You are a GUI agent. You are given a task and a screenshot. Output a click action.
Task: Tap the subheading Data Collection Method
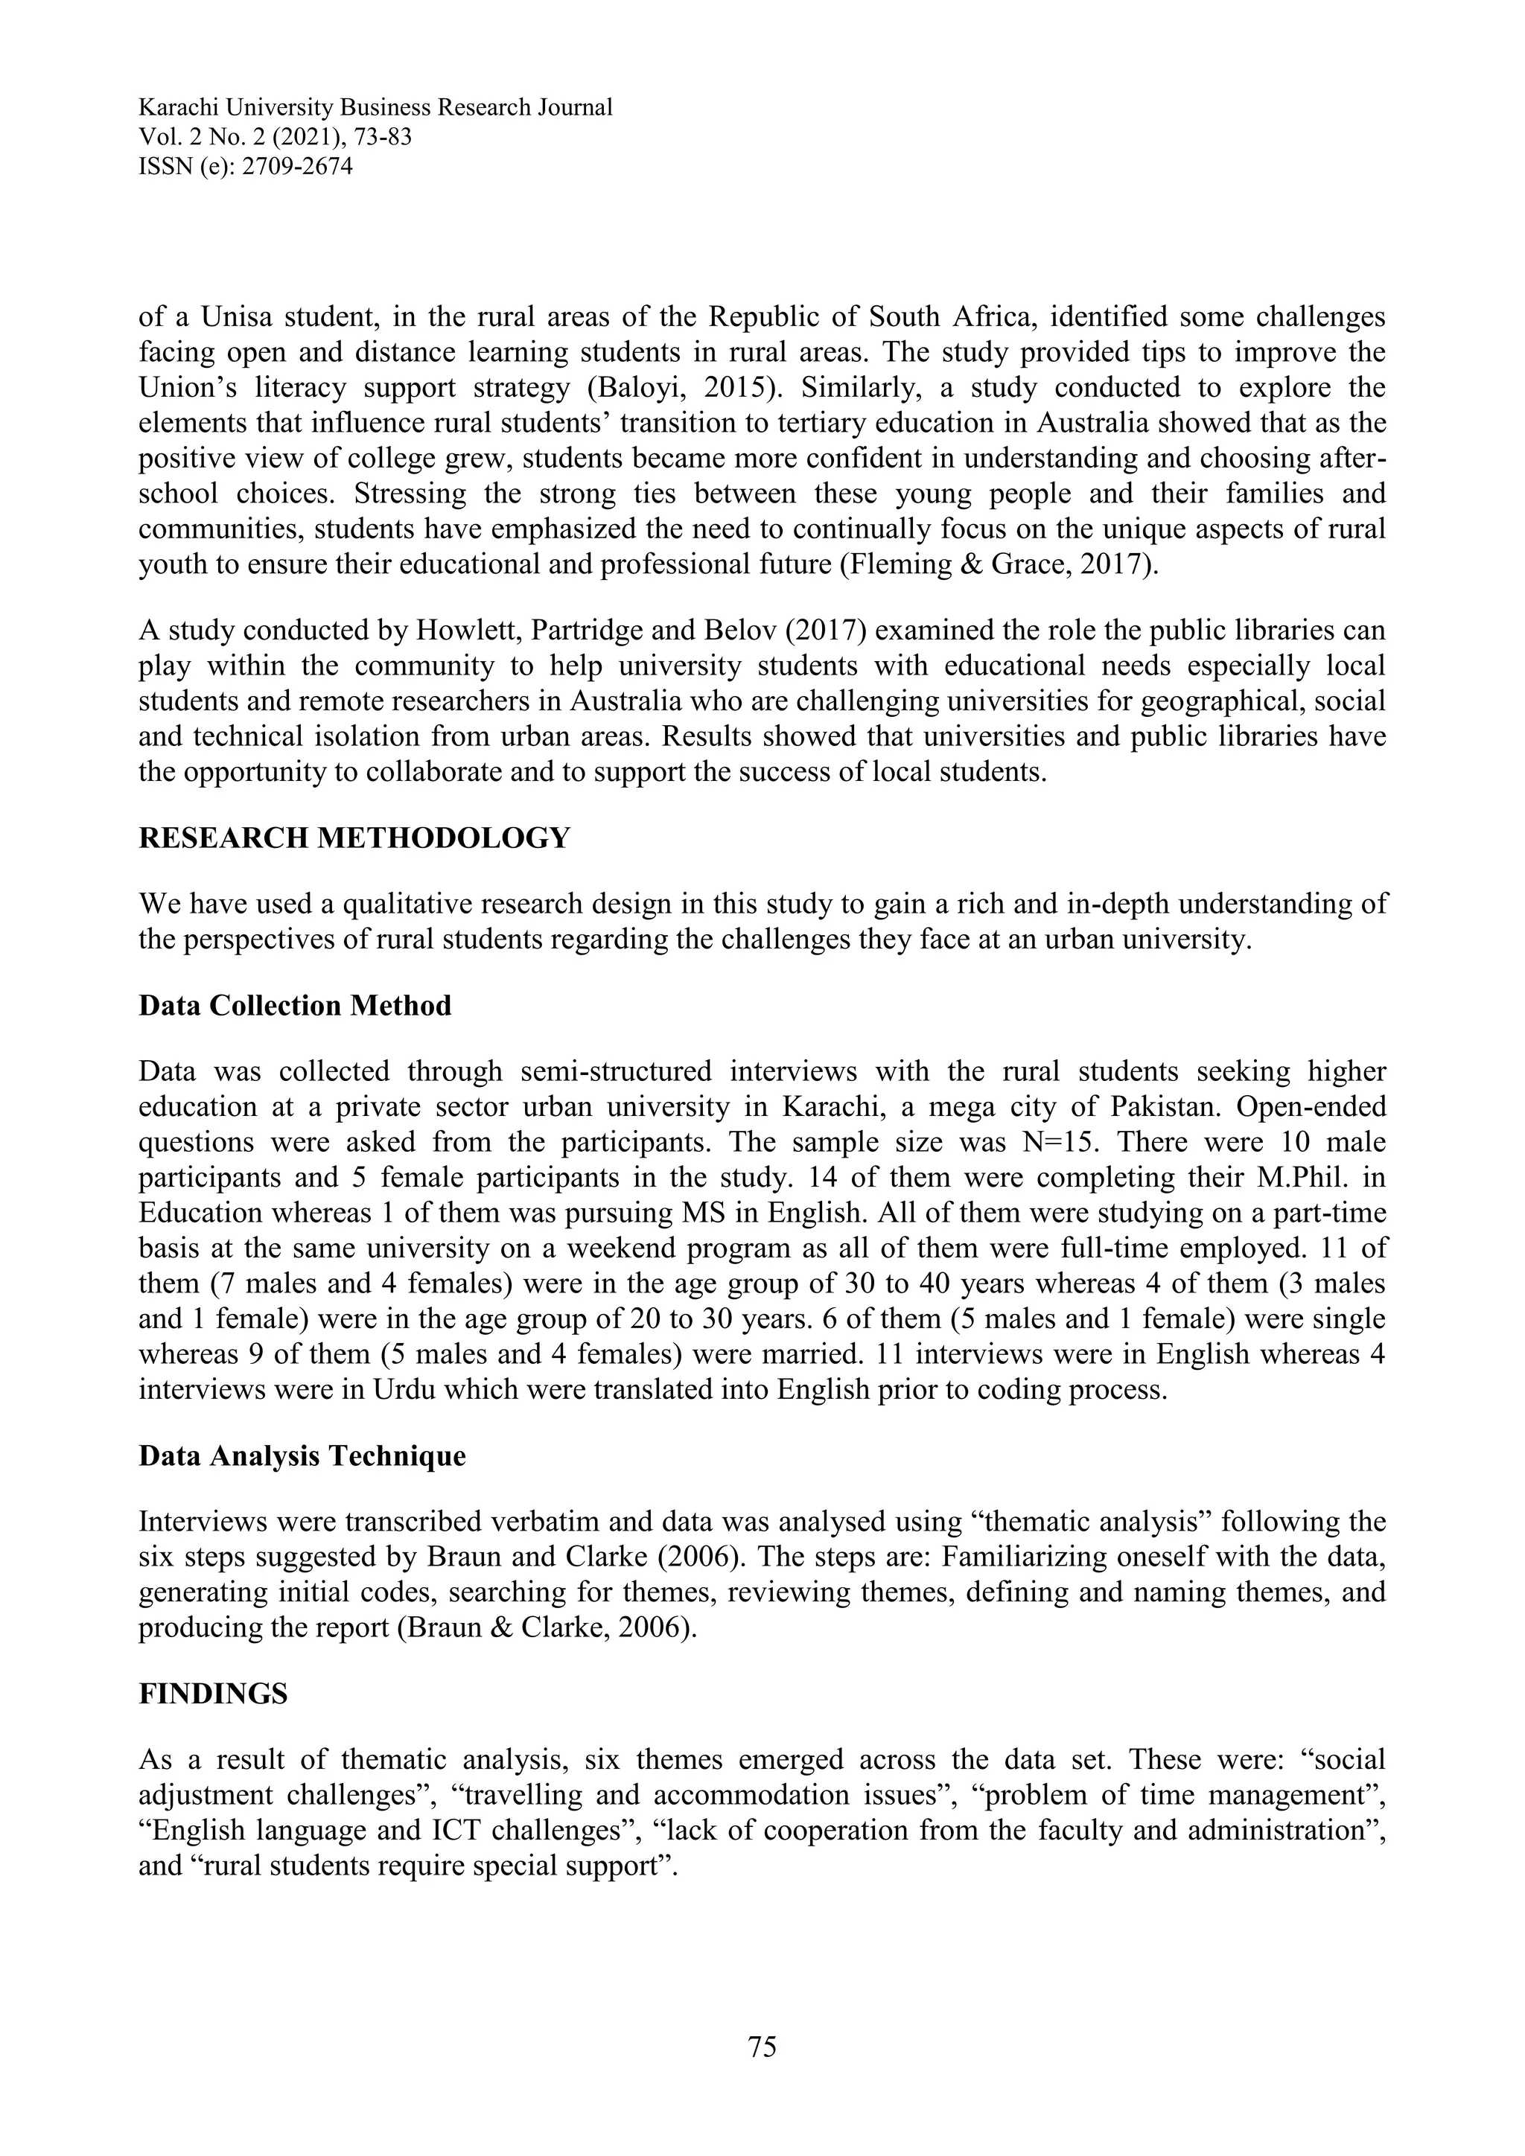click(295, 1006)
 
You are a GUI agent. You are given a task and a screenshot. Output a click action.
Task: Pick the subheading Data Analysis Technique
click(302, 1455)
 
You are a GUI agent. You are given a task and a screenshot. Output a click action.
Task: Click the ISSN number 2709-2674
click(298, 168)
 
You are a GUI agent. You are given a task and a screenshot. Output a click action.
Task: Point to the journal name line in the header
click(375, 107)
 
